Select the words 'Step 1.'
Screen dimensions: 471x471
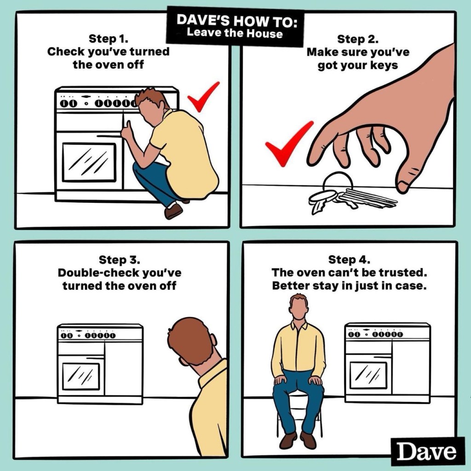pyautogui.click(x=109, y=39)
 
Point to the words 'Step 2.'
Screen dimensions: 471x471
pyautogui.click(x=358, y=39)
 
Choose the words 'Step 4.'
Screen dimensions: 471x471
pyautogui.click(x=350, y=259)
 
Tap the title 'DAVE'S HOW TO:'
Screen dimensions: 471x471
pyautogui.click(x=237, y=20)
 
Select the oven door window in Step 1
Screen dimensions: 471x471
pyautogui.click(x=89, y=162)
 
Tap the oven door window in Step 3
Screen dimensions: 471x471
pyautogui.click(x=80, y=376)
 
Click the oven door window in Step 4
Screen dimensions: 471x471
pyautogui.click(x=368, y=375)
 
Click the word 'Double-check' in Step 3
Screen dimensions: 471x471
pyautogui.click(x=98, y=273)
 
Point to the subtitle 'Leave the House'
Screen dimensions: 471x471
pyautogui.click(x=235, y=33)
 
